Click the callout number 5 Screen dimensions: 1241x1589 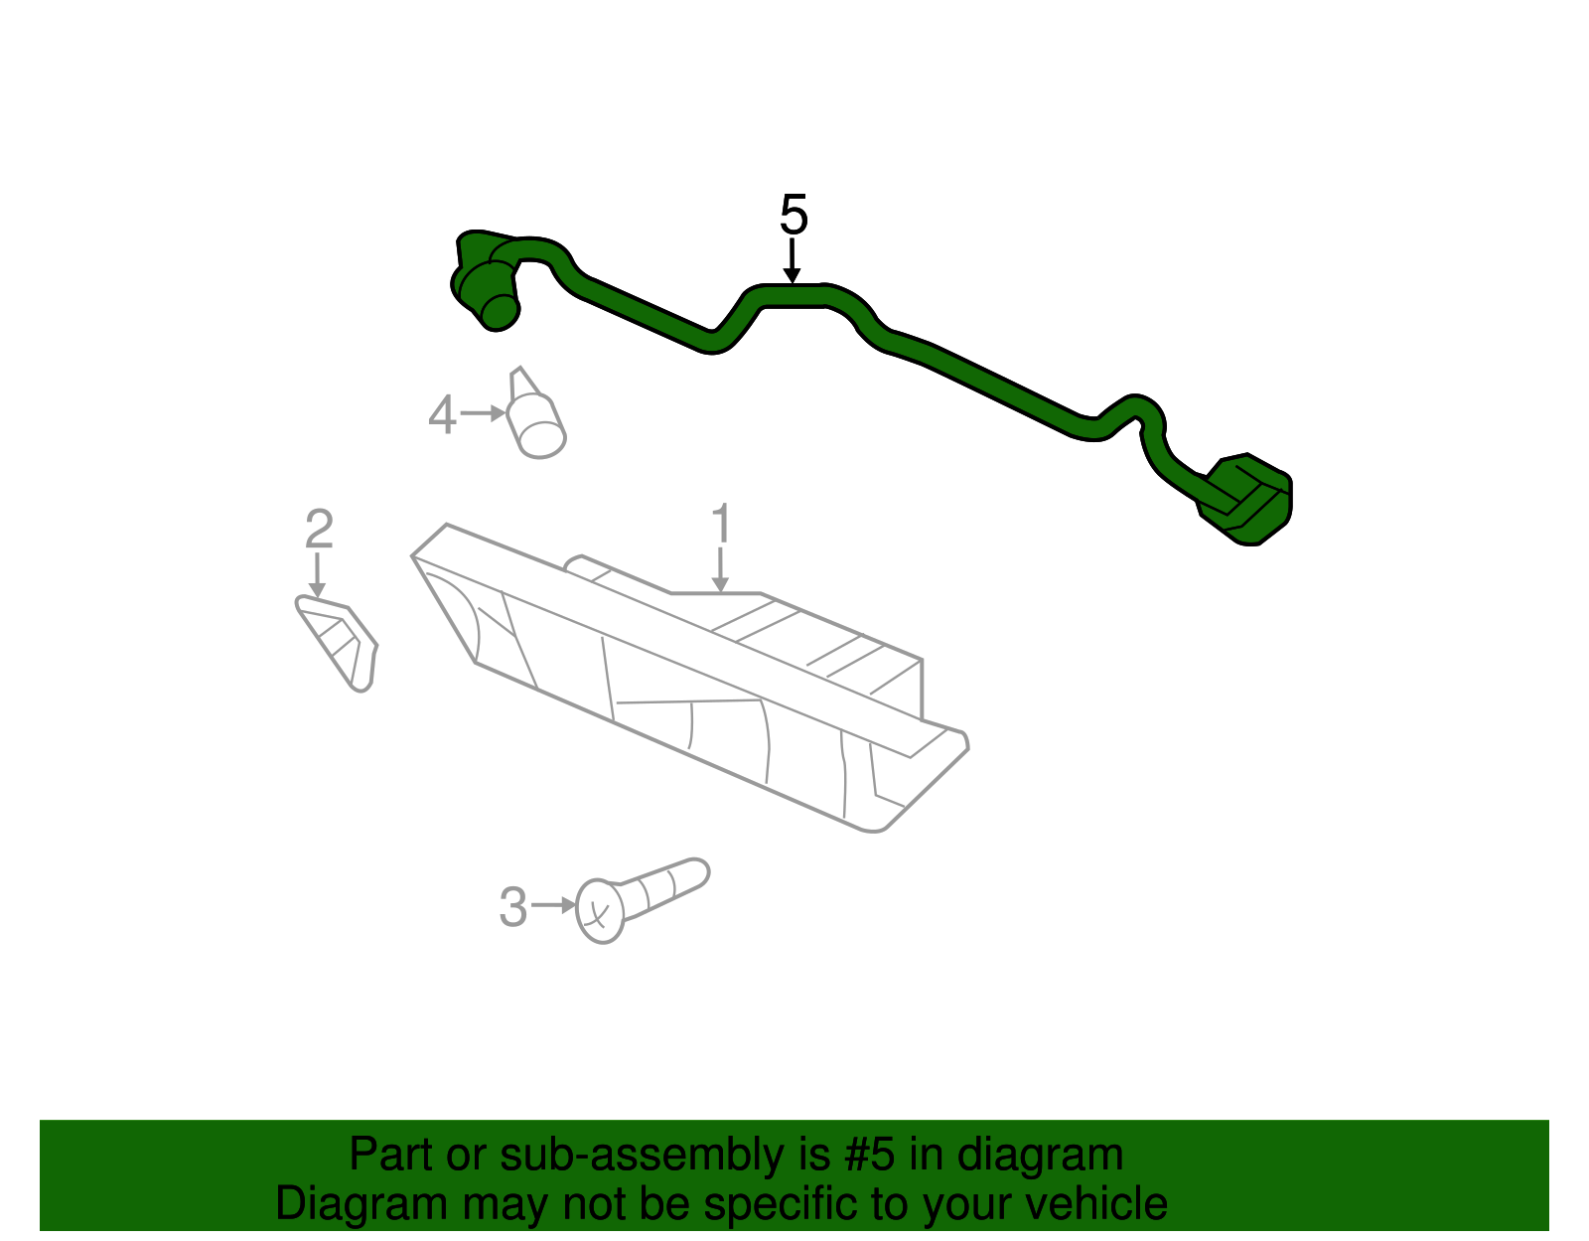[x=794, y=215]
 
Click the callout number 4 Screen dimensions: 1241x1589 [x=442, y=414]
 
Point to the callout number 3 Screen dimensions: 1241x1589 [x=512, y=906]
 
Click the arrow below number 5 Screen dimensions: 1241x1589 [x=792, y=263]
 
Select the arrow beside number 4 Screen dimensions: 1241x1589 [x=484, y=412]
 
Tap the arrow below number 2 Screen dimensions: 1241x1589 [x=317, y=576]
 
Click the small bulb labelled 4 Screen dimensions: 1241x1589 [x=537, y=422]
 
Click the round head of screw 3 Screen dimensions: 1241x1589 [x=599, y=910]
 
